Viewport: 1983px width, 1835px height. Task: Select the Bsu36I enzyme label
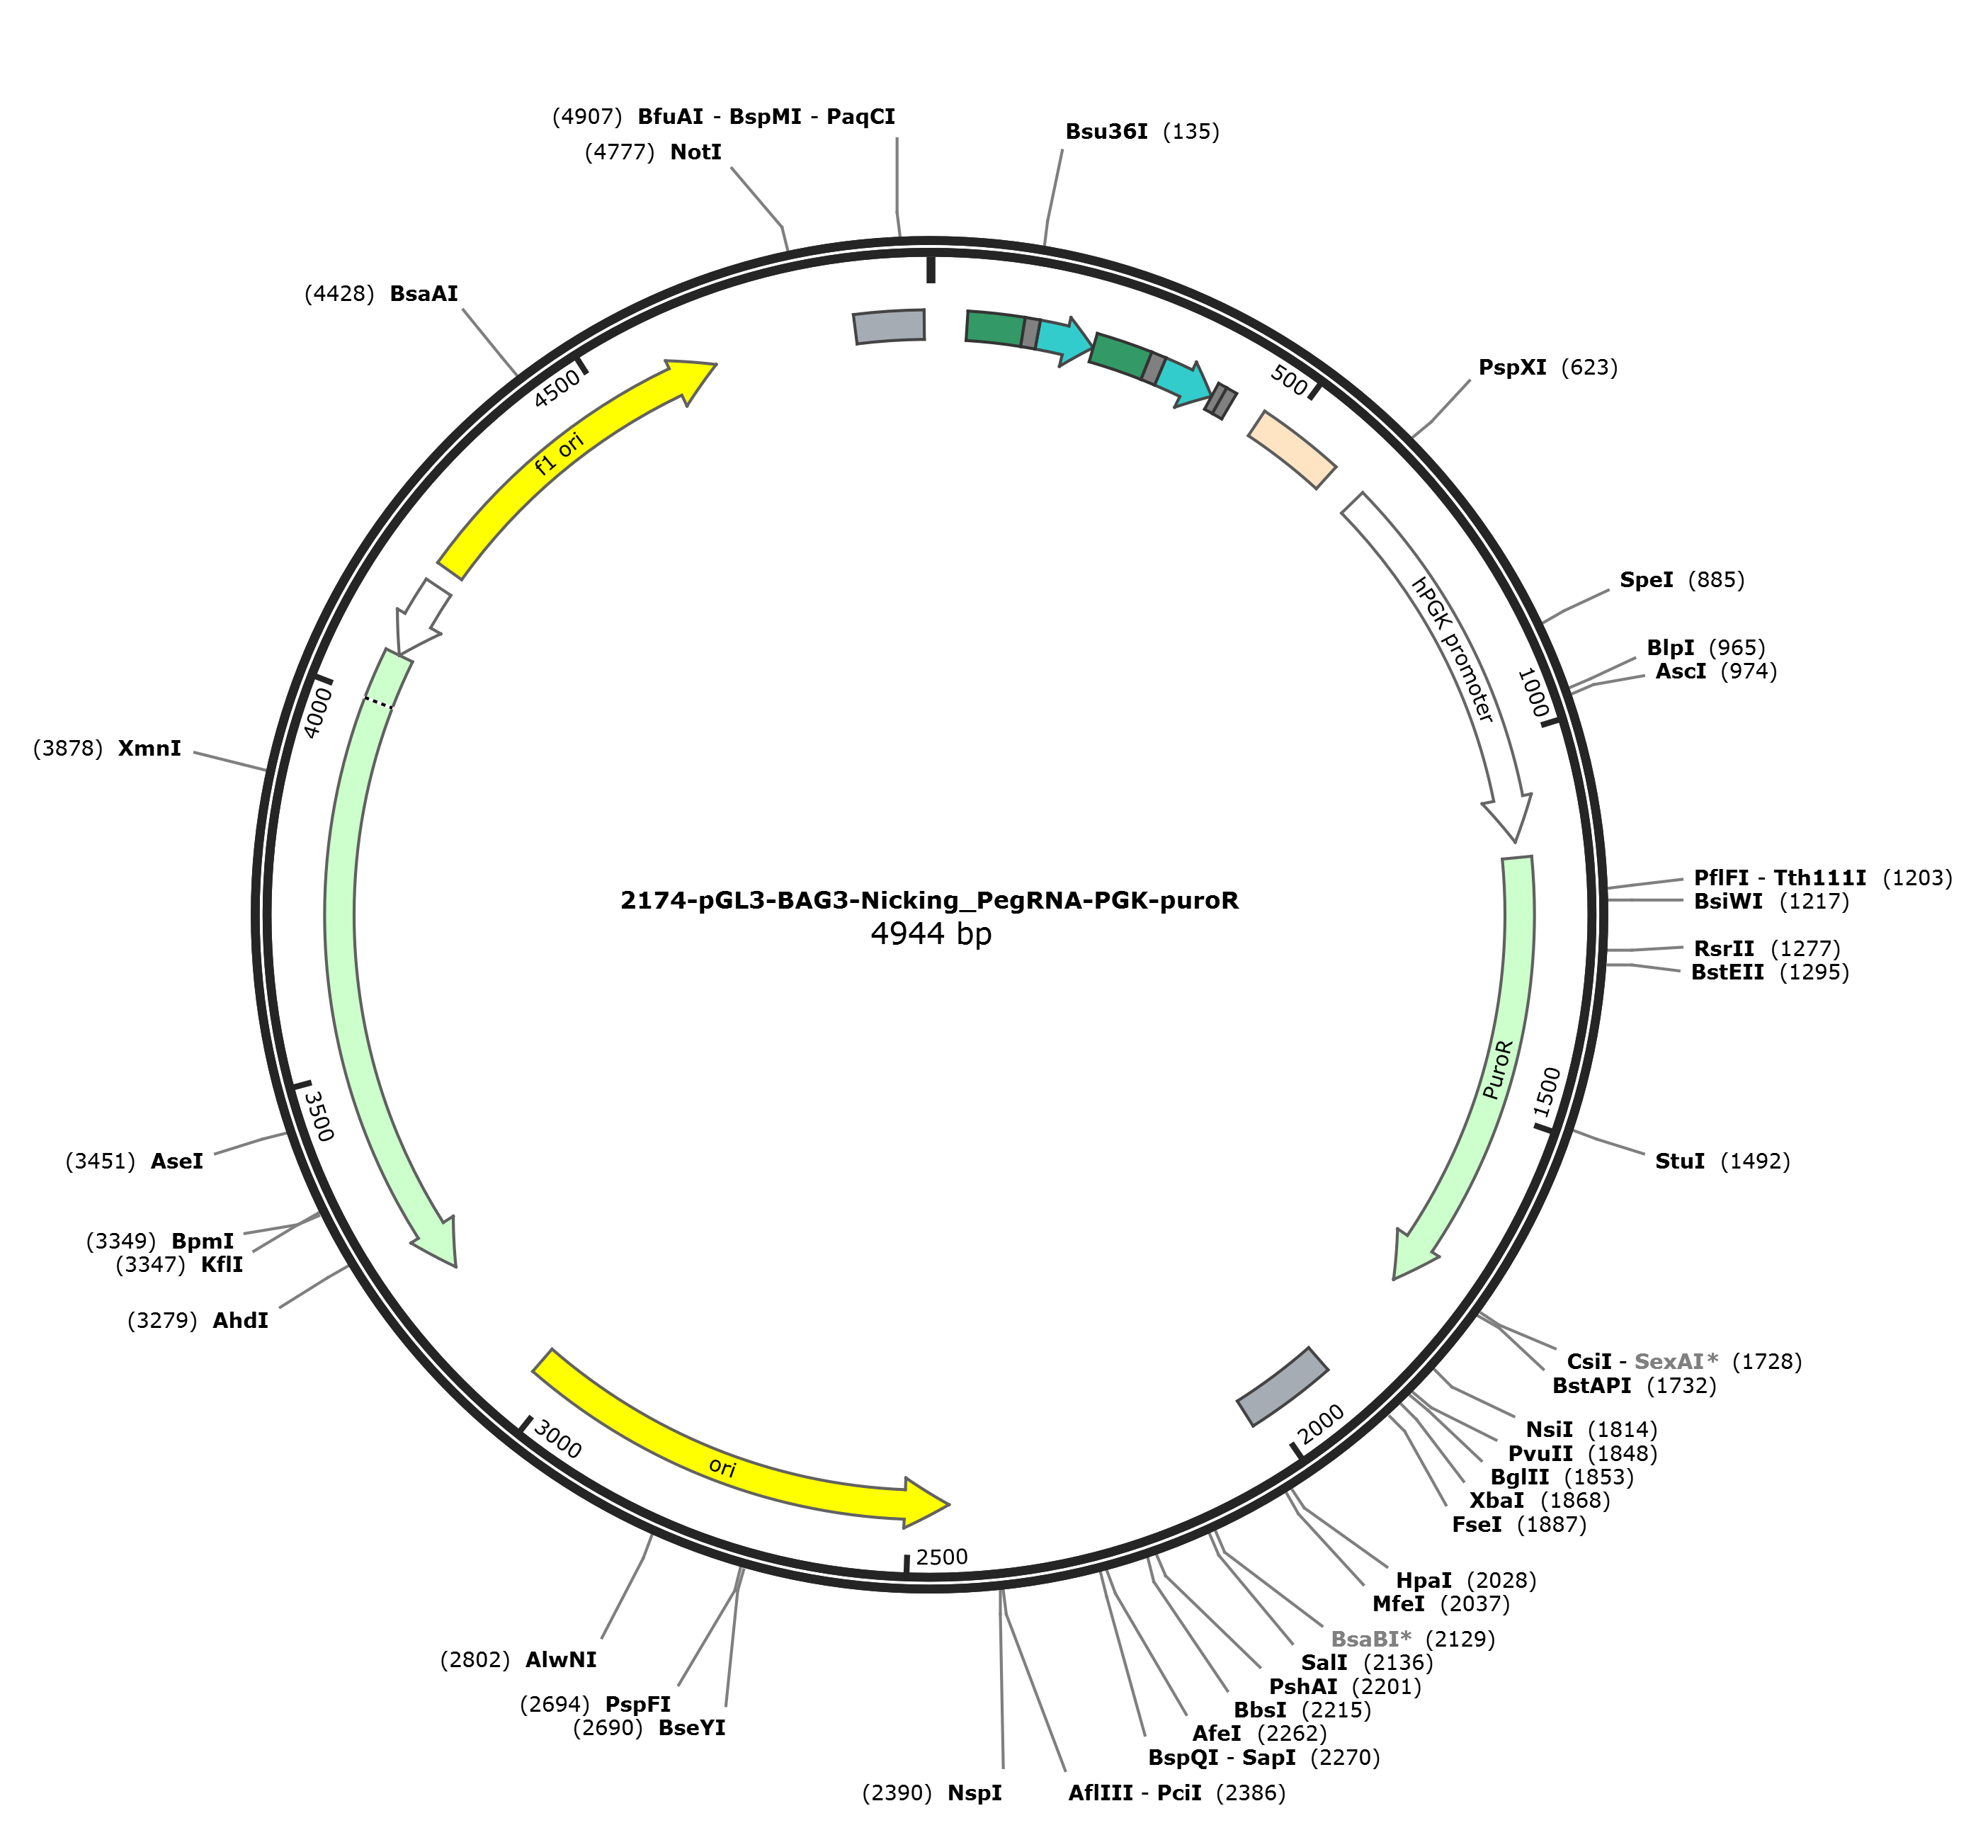pos(1106,131)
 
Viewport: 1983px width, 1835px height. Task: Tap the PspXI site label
pos(1511,368)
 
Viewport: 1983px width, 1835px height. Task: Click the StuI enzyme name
pos(1679,1161)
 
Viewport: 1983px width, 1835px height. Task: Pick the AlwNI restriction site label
pos(561,1659)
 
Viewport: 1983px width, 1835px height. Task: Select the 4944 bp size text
pos(931,933)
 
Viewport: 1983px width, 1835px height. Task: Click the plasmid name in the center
pos(929,901)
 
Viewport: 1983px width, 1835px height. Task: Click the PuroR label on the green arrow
pos(1499,1069)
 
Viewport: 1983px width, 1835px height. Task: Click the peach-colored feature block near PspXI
pos(1292,450)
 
